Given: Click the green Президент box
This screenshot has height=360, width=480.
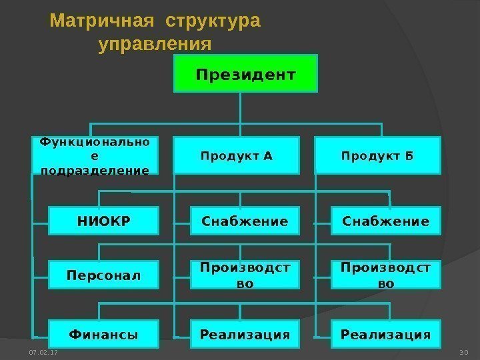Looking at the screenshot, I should pos(245,73).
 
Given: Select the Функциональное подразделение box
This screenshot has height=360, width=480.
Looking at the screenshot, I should pos(95,155).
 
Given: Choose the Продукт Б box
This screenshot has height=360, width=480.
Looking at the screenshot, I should pos(377,156).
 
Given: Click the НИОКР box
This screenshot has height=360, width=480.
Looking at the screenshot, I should pos(103,221).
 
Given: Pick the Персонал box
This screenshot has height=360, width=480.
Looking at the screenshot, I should pos(103,275).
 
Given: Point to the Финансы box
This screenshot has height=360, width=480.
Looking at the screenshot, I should pos(103,333).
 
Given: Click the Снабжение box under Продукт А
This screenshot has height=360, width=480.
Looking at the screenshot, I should pos(245,221).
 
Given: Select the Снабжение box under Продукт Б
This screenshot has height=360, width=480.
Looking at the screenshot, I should pos(386,221).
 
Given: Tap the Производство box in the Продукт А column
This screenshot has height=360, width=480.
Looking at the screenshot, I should pos(245,275).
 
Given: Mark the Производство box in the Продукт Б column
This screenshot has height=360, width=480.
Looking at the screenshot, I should pos(386,275).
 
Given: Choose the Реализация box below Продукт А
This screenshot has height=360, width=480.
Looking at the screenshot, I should pos(245,333).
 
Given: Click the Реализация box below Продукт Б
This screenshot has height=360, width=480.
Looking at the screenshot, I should pos(386,333).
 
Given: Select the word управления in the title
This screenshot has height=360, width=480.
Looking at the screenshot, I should pos(155,45).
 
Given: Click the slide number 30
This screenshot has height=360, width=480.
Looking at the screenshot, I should pos(465,351).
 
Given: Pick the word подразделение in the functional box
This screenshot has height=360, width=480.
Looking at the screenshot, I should pos(95,171).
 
